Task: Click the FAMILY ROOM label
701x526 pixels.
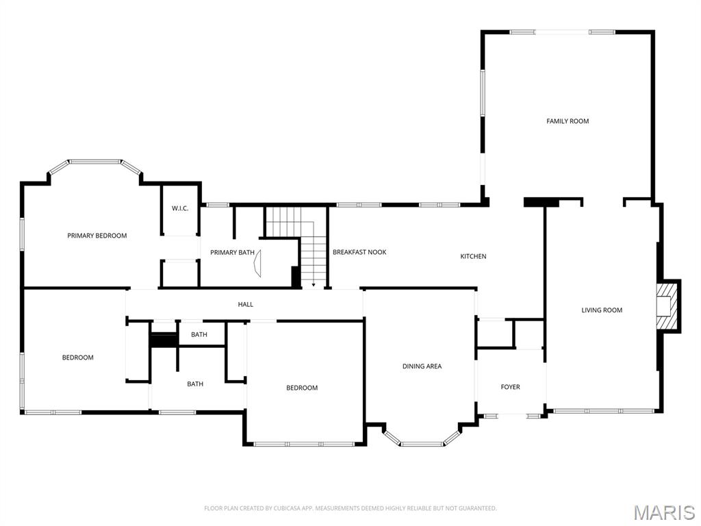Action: pyautogui.click(x=568, y=121)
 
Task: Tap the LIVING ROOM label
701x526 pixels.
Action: pyautogui.click(x=602, y=310)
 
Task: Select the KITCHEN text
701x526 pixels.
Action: pyautogui.click(x=473, y=256)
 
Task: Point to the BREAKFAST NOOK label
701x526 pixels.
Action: pyautogui.click(x=359, y=252)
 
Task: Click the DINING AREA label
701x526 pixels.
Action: pyautogui.click(x=422, y=366)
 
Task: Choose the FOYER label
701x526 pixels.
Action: pyautogui.click(x=510, y=387)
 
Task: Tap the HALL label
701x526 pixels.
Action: pyautogui.click(x=245, y=304)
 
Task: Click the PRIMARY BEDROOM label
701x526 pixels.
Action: pyautogui.click(x=97, y=236)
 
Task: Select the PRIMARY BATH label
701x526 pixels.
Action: pyautogui.click(x=232, y=253)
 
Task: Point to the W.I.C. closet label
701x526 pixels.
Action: pyautogui.click(x=179, y=208)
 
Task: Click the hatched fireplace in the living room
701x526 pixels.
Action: pyautogui.click(x=664, y=305)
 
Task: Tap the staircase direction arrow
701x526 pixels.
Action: pyautogui.click(x=314, y=284)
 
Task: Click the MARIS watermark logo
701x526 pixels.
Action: pyautogui.click(x=663, y=512)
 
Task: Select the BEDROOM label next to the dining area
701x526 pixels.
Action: pyautogui.click(x=302, y=388)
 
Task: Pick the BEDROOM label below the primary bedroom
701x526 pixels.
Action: pyautogui.click(x=78, y=358)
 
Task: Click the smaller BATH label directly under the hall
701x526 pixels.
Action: pyautogui.click(x=199, y=334)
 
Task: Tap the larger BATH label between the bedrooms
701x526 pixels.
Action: pyautogui.click(x=195, y=384)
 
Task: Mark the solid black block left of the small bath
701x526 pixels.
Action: pyautogui.click(x=164, y=340)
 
